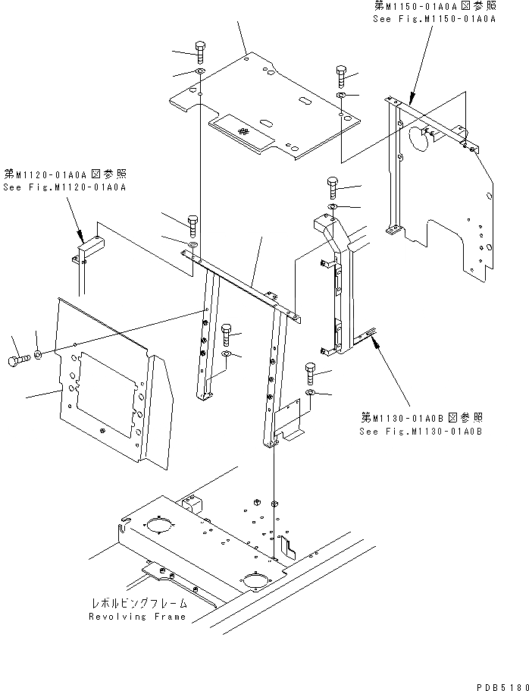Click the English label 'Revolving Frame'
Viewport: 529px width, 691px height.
pyautogui.click(x=137, y=616)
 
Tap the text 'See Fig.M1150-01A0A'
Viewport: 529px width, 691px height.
pyautogui.click(x=434, y=18)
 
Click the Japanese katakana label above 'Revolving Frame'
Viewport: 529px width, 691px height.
pyautogui.click(x=137, y=604)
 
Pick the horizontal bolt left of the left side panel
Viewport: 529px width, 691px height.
pyautogui.click(x=17, y=356)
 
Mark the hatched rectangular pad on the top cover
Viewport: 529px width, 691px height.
pyautogui.click(x=242, y=130)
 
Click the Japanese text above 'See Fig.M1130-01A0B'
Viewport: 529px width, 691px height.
pyautogui.click(x=421, y=418)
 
